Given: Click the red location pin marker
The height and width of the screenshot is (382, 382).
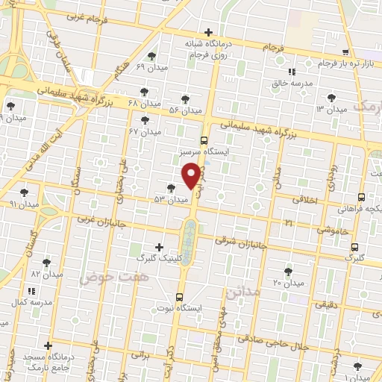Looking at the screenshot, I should point(192,175).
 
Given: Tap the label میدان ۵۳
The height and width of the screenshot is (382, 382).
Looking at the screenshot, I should point(169,200).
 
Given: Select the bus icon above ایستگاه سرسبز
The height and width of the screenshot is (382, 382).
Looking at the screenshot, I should point(204,140).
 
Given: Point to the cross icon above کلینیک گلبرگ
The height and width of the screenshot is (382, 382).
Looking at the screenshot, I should point(158,247).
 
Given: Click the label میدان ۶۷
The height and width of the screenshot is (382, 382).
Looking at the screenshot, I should point(145,131).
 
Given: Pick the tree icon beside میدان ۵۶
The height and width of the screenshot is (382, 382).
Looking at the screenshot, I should point(185,99).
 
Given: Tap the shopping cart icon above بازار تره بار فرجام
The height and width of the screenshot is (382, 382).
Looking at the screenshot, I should point(345,52).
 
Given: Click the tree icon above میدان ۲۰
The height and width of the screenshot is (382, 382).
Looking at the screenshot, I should point(288,272).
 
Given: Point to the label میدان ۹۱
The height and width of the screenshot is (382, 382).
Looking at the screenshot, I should point(23,203).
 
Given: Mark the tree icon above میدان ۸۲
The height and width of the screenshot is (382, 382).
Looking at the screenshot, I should point(46,263).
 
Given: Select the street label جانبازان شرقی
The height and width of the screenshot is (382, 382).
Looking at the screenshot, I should point(241,241).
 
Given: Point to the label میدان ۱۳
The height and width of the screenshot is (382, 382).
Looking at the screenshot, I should point(331,110).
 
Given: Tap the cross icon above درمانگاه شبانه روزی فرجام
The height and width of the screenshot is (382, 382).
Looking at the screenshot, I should point(208,32).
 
